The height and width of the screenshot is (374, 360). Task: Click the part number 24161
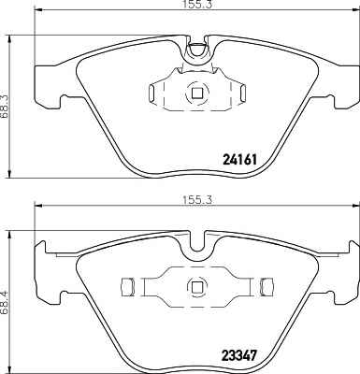click(x=240, y=160)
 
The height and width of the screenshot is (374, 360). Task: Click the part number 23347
click(x=239, y=354)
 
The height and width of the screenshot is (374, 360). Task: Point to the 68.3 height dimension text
click(x=5, y=107)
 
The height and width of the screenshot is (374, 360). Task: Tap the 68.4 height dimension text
click(x=5, y=302)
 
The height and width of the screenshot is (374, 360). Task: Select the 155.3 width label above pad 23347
click(x=196, y=199)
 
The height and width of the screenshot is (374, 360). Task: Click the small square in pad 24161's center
click(x=196, y=93)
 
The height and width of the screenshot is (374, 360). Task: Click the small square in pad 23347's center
click(x=196, y=286)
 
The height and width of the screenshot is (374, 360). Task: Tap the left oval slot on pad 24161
click(x=151, y=93)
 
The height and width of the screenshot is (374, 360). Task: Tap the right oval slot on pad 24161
click(x=243, y=93)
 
